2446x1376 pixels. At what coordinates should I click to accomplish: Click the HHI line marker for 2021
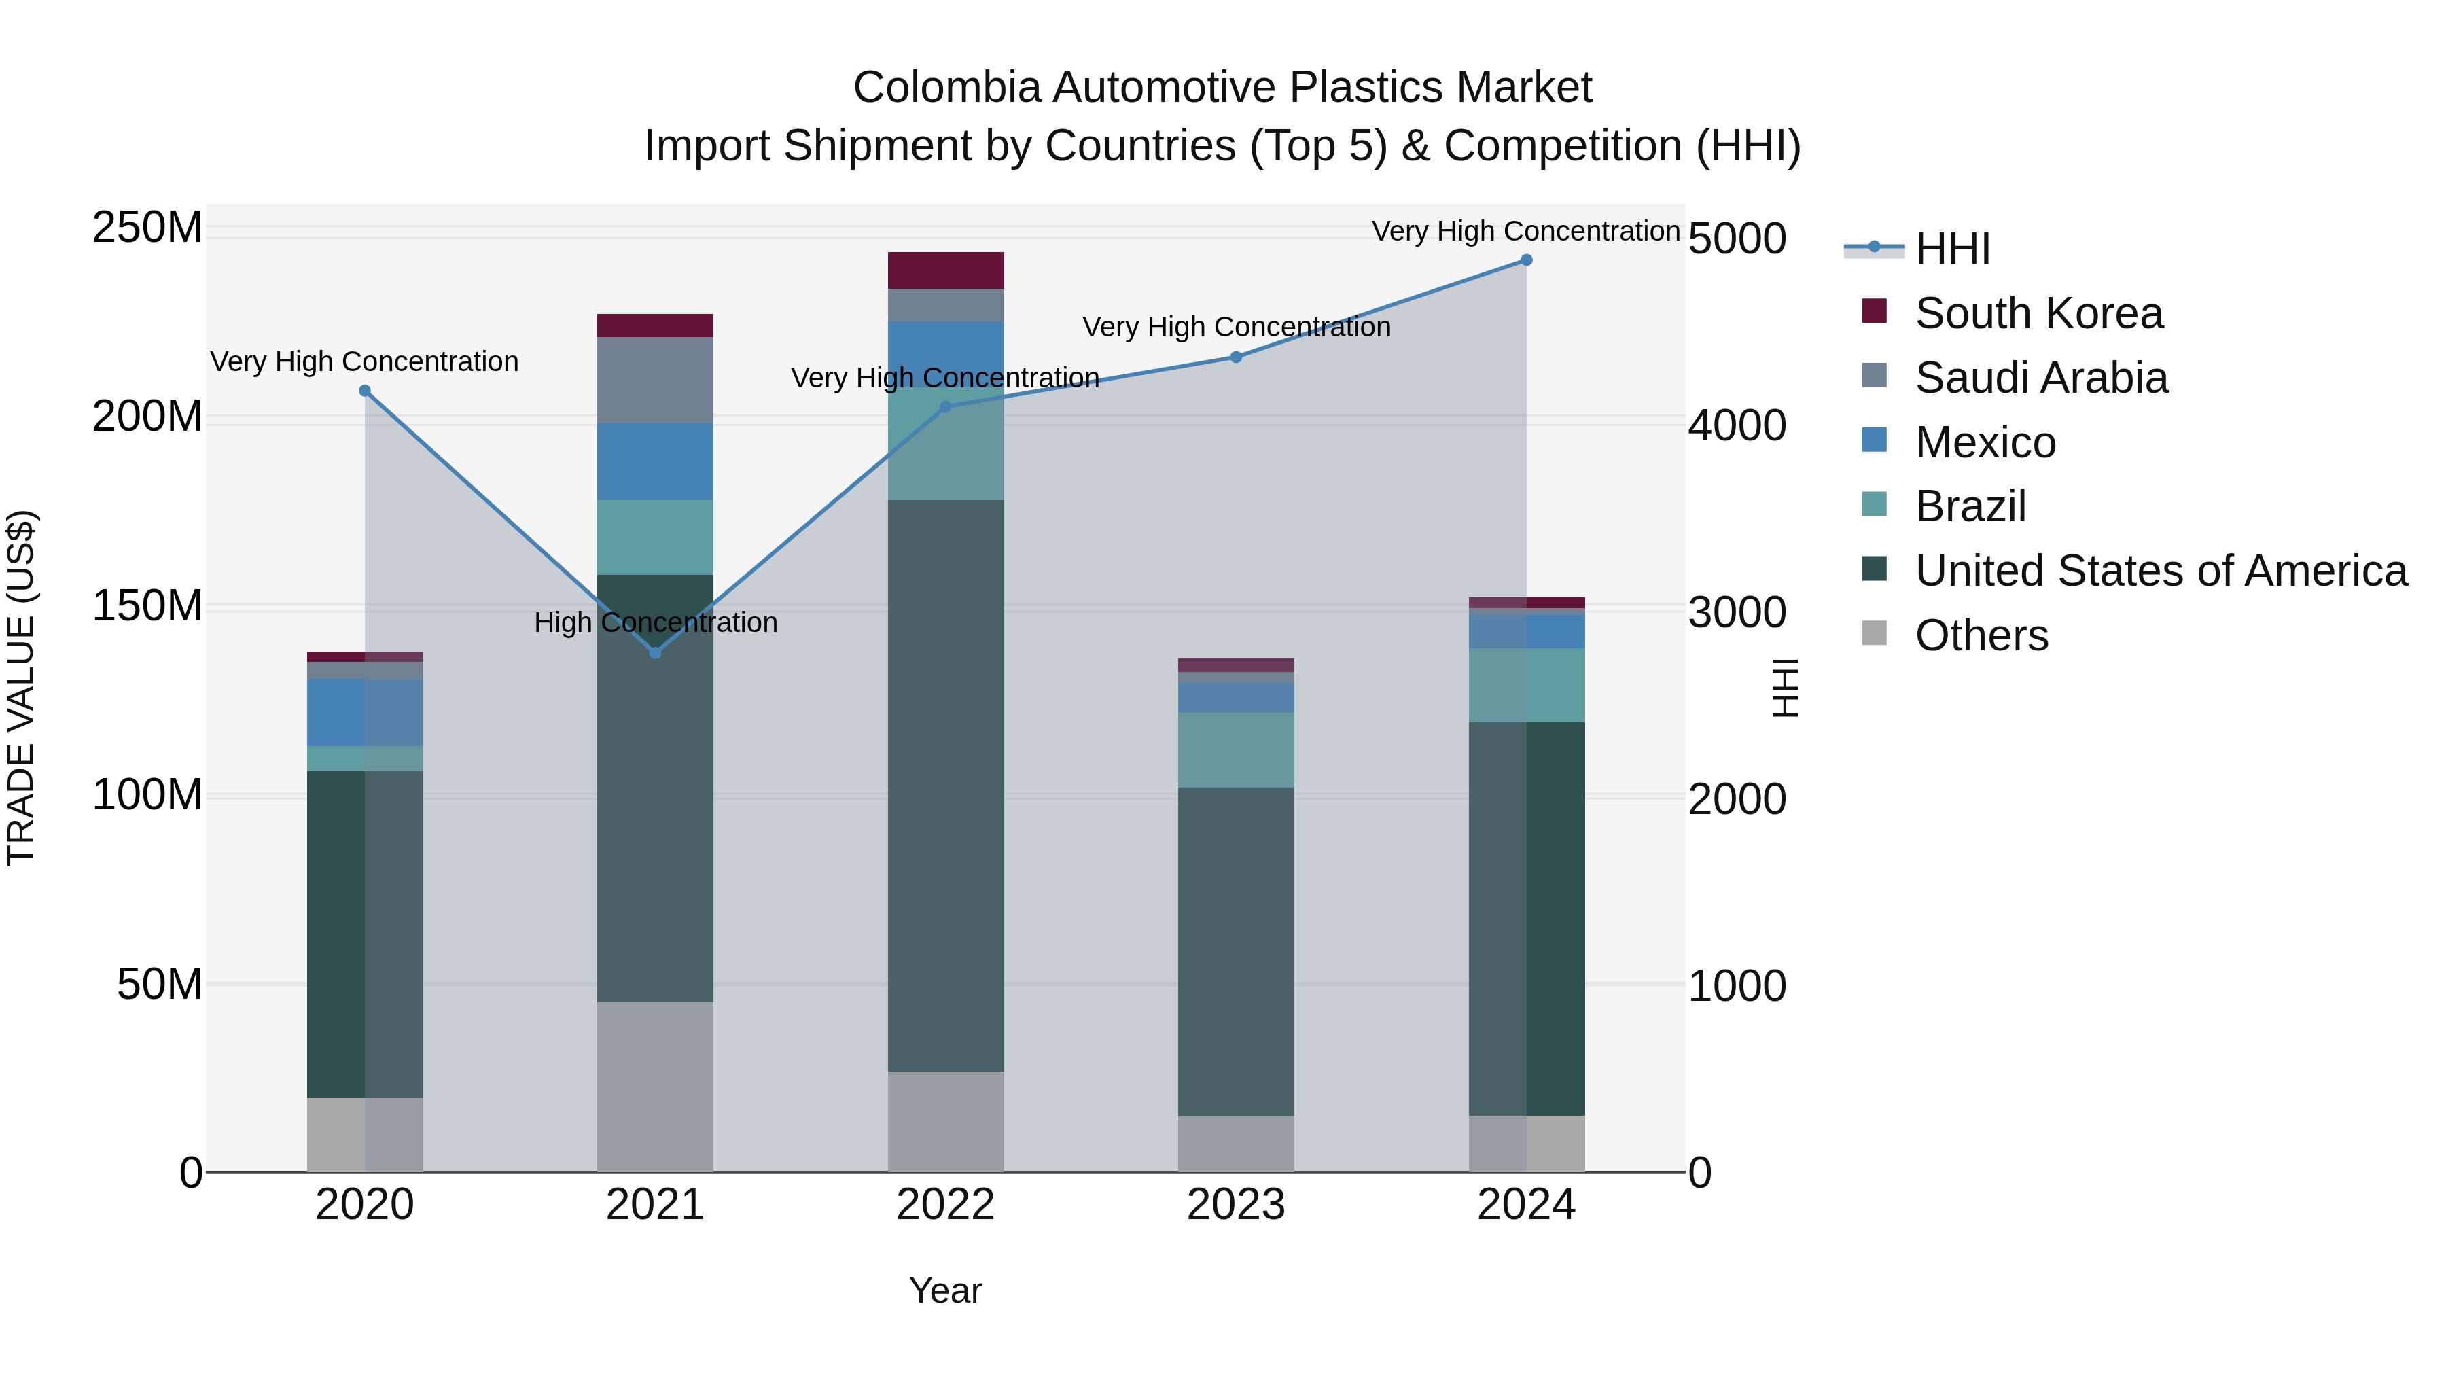point(654,652)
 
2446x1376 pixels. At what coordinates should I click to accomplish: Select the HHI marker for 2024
point(1526,260)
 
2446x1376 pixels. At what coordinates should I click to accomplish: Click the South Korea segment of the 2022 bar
point(946,270)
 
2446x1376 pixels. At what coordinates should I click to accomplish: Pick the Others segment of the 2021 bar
point(654,1087)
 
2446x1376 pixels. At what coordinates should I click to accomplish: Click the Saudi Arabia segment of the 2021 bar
point(654,380)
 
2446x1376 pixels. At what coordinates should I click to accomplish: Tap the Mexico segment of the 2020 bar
point(365,712)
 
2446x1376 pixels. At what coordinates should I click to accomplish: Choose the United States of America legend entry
point(2160,571)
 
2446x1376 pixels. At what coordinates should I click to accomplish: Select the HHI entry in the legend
point(1951,249)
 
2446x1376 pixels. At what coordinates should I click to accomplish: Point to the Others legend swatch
point(1875,633)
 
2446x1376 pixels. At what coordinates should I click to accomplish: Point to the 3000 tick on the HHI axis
point(1737,612)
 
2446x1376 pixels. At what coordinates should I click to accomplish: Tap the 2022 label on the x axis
point(945,1205)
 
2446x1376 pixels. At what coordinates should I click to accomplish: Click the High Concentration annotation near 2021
point(655,623)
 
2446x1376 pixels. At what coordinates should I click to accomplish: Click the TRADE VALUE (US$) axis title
point(21,688)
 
